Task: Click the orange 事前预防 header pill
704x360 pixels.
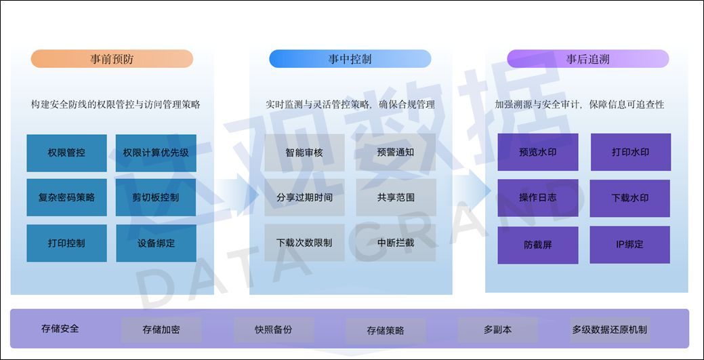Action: point(112,59)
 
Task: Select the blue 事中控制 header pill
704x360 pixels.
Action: point(350,59)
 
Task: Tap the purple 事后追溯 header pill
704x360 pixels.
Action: point(587,59)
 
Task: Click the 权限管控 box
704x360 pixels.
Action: point(66,153)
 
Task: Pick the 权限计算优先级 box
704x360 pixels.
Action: point(156,153)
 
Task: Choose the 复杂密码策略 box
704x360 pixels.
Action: point(66,197)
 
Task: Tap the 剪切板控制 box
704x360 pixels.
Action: point(156,197)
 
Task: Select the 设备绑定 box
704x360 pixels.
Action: point(156,243)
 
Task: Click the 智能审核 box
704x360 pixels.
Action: point(304,153)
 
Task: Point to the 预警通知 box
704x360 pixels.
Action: point(396,153)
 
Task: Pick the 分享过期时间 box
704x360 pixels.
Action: point(304,197)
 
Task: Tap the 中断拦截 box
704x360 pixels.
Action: point(396,243)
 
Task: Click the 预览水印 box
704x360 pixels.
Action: point(538,152)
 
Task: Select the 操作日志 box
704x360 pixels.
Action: point(538,197)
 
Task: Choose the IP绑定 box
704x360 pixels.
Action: point(629,244)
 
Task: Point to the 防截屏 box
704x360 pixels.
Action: point(538,244)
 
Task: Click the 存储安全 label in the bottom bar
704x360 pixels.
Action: point(60,329)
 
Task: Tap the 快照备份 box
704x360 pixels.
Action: point(274,329)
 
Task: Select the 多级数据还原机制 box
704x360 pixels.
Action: point(609,330)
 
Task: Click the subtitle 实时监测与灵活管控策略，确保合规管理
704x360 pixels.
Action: point(350,104)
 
